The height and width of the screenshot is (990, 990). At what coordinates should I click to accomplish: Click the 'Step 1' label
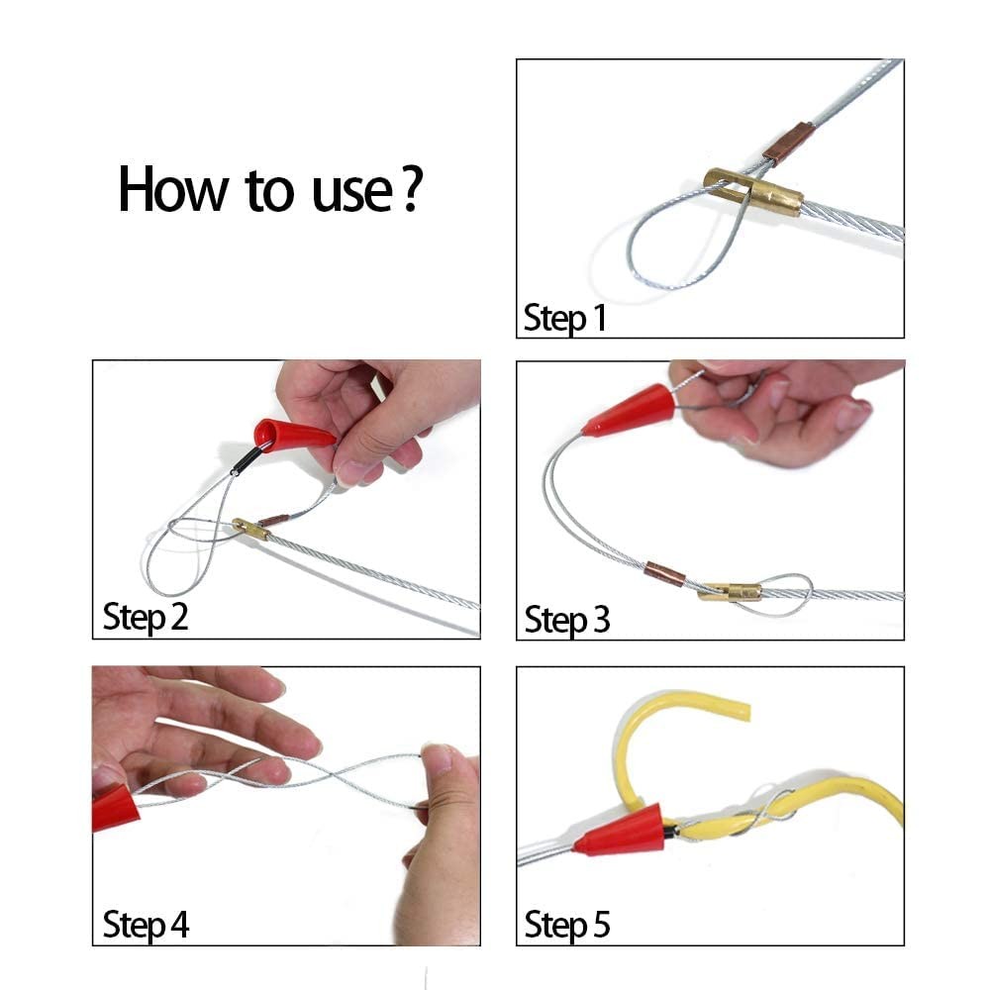563,319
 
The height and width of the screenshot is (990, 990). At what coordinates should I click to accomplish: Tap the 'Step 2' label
146,617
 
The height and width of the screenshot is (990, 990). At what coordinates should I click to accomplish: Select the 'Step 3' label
567,621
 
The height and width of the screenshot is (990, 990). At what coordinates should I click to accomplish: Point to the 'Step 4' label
146,926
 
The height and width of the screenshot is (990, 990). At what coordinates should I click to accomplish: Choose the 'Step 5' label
567,926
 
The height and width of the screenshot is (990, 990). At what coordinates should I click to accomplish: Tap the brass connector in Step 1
753,192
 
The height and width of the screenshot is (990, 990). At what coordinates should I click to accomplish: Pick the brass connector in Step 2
250,529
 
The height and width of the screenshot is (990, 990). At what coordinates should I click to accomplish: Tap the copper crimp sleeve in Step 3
664,574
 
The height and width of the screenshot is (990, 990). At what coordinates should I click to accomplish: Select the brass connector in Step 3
730,592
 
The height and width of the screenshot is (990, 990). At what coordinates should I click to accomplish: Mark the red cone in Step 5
620,832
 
